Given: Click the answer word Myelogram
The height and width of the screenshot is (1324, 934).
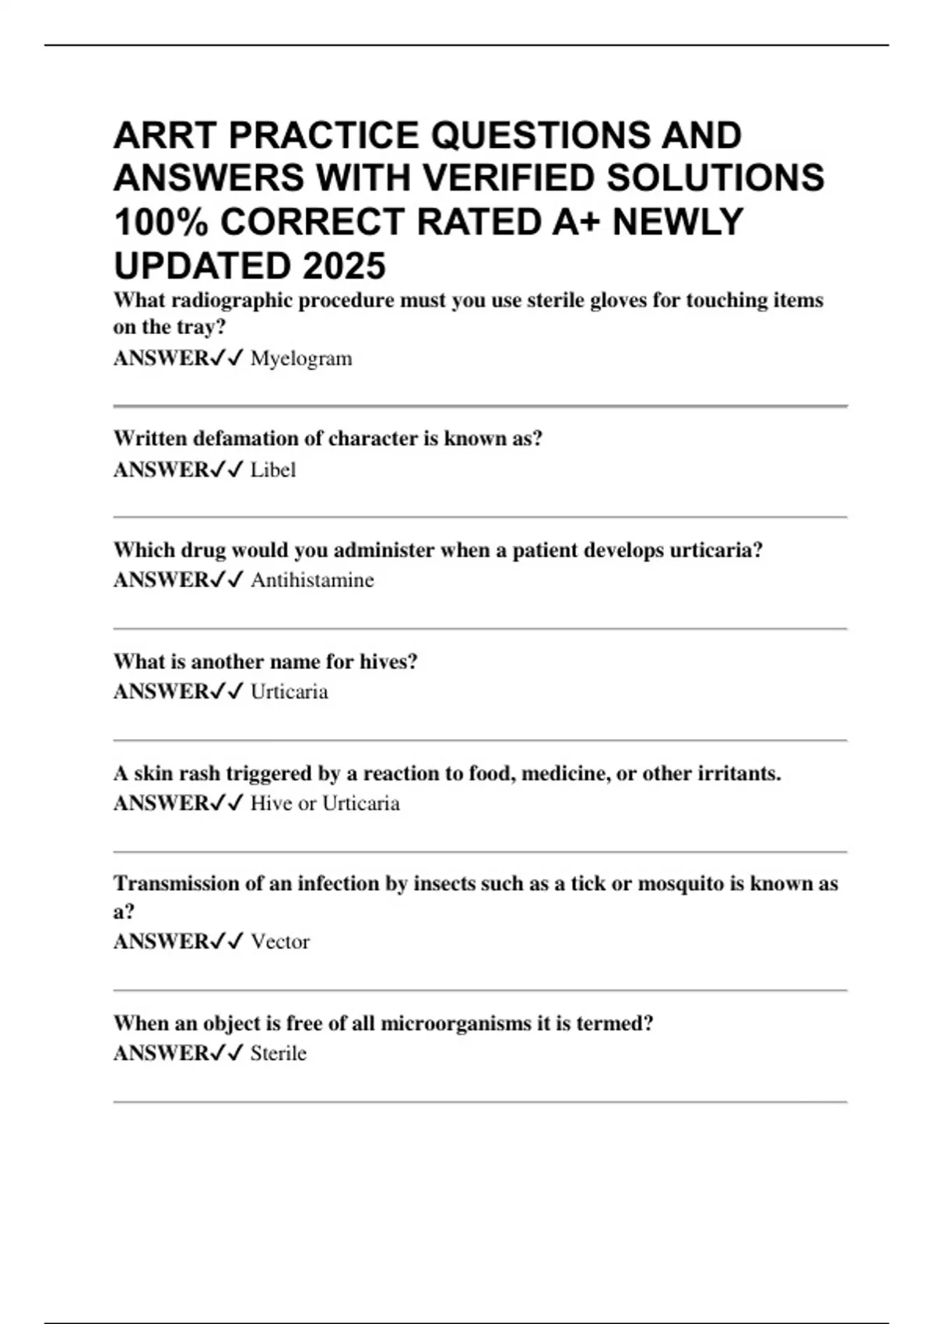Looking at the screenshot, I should pyautogui.click(x=301, y=359).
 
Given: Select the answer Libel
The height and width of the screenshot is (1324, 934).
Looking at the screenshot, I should pyautogui.click(x=273, y=470).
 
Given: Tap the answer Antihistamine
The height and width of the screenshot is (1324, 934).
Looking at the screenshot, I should pyautogui.click(x=312, y=580).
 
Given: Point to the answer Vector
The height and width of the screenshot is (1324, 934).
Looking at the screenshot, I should pyautogui.click(x=280, y=942).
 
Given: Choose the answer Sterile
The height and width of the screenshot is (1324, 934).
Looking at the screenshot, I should pyautogui.click(x=279, y=1053).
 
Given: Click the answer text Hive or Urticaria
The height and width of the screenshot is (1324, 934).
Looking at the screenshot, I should pyautogui.click(x=325, y=803).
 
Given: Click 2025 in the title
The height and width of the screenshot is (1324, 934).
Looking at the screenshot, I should pyautogui.click(x=344, y=266).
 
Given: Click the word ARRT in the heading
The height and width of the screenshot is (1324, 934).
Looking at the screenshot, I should pyautogui.click(x=165, y=136).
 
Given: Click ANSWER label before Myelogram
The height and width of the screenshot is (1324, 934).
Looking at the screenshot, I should pyautogui.click(x=161, y=359).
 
